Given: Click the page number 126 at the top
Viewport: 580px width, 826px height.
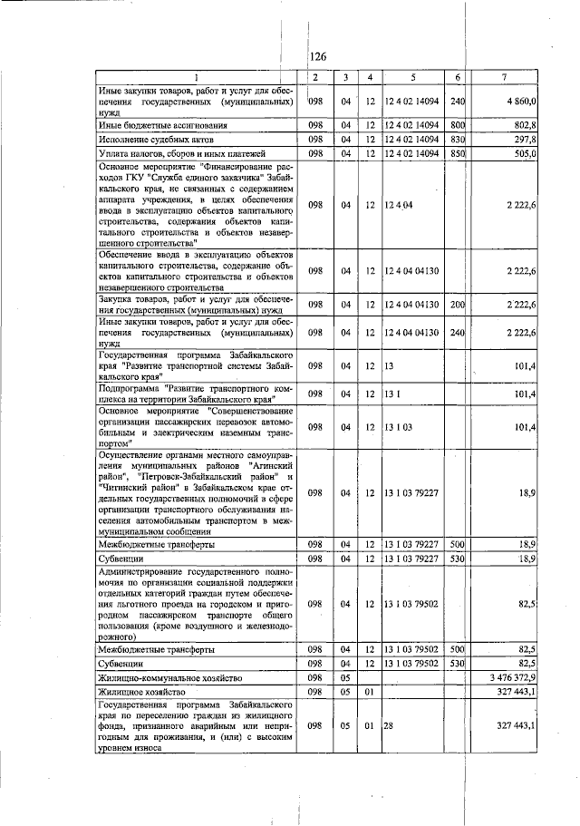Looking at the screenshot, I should pyautogui.click(x=317, y=56).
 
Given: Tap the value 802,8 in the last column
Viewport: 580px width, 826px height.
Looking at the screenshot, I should pyautogui.click(x=526, y=124).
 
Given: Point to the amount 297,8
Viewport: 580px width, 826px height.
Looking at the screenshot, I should pyautogui.click(x=526, y=140).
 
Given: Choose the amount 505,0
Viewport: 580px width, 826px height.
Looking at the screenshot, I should pyautogui.click(x=526, y=154).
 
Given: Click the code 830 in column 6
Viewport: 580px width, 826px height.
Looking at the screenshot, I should pyautogui.click(x=458, y=140).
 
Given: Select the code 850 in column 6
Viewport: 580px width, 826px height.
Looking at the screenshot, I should pyautogui.click(x=458, y=154).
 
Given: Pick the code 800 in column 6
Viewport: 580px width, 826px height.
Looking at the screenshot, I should pyautogui.click(x=458, y=124).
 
